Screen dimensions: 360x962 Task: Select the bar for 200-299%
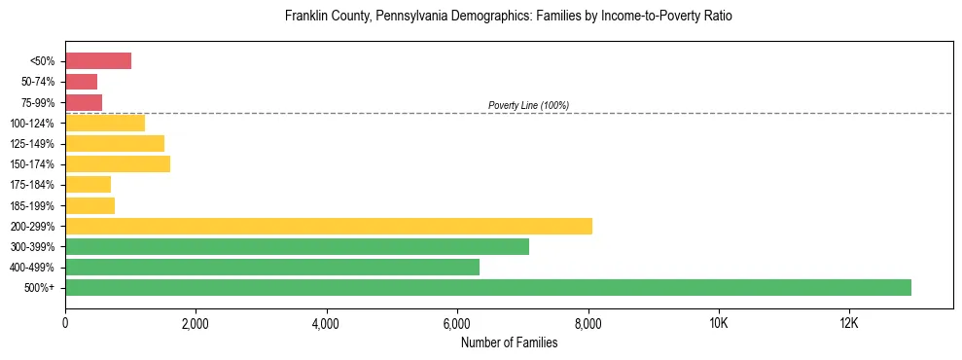(329, 226)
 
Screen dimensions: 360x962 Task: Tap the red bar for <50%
(98, 61)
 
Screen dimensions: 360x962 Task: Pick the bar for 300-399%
(297, 247)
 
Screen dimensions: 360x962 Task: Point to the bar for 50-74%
(82, 82)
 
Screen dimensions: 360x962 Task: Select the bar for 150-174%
(118, 164)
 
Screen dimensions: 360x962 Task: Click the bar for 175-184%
(88, 185)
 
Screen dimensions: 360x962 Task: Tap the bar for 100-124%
(105, 124)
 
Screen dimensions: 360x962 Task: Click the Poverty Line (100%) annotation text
(528, 105)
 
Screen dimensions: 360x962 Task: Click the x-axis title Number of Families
(509, 342)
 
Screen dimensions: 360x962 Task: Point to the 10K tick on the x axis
(719, 324)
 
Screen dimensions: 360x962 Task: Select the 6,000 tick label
(457, 324)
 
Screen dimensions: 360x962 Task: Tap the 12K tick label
(849, 324)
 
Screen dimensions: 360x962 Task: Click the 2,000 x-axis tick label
(196, 324)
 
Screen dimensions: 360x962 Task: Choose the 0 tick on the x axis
(65, 324)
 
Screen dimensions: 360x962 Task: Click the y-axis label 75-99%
(38, 103)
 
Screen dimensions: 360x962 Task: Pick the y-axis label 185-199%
(34, 206)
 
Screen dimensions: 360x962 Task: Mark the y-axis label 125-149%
(34, 144)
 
